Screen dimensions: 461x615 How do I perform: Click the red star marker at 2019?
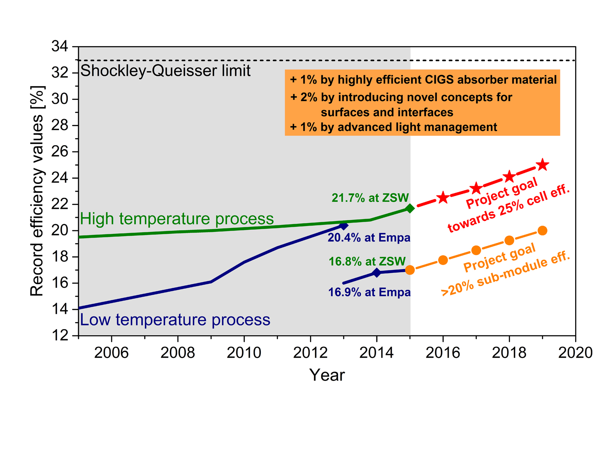[542, 165]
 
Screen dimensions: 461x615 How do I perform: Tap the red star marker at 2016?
[443, 198]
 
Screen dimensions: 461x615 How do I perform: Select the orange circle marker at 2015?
[410, 270]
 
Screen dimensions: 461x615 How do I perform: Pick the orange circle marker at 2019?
[542, 231]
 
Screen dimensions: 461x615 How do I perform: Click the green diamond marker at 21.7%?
[410, 208]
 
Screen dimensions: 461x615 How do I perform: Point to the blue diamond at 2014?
[376, 272]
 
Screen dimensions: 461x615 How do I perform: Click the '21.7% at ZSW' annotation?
[370, 198]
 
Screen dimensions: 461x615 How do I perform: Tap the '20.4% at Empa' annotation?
[369, 237]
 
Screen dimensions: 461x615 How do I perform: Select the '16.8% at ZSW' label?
[367, 262]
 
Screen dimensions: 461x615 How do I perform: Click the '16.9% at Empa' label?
[369, 292]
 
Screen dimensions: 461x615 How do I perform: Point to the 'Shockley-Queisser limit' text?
[166, 71]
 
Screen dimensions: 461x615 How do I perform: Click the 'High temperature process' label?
[177, 219]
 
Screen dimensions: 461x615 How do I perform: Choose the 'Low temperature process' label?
[175, 320]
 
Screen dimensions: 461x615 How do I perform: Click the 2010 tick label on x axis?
[244, 353]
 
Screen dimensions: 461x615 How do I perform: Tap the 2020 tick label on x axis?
[575, 353]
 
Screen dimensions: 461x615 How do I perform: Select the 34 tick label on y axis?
[60, 46]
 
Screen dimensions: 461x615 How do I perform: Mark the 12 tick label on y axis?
[60, 335]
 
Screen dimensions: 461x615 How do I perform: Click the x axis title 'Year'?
[327, 375]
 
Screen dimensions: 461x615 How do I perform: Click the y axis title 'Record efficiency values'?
[37, 191]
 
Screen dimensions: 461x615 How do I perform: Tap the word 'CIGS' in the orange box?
[440, 80]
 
